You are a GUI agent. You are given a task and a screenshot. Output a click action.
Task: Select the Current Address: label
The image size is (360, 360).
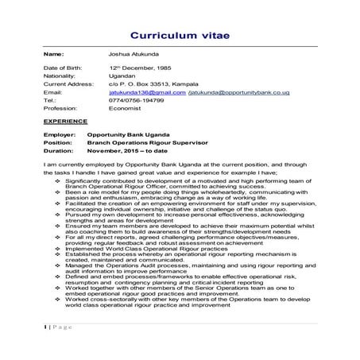click(x=68, y=86)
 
